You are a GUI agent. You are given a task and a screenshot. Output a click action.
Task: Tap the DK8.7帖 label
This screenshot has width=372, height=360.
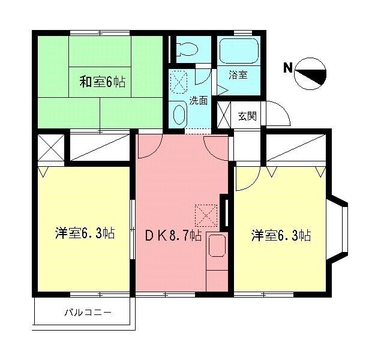click(x=173, y=235)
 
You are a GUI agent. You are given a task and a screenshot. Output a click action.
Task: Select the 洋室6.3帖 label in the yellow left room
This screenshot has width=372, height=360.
click(x=85, y=234)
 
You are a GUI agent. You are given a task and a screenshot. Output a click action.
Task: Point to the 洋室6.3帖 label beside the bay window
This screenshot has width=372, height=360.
click(x=280, y=235)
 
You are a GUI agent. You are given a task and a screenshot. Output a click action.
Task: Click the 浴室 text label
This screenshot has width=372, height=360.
click(x=238, y=75)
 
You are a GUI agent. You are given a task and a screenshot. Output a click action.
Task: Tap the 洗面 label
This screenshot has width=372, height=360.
click(x=198, y=101)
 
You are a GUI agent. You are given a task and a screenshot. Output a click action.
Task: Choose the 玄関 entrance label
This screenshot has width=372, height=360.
click(x=247, y=115)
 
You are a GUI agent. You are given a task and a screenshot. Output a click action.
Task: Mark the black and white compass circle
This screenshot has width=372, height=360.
click(x=311, y=74)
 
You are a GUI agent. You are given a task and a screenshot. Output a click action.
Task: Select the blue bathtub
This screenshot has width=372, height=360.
click(x=239, y=52)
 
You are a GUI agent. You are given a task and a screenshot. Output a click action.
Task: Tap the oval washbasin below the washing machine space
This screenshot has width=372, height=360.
click(x=179, y=114)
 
